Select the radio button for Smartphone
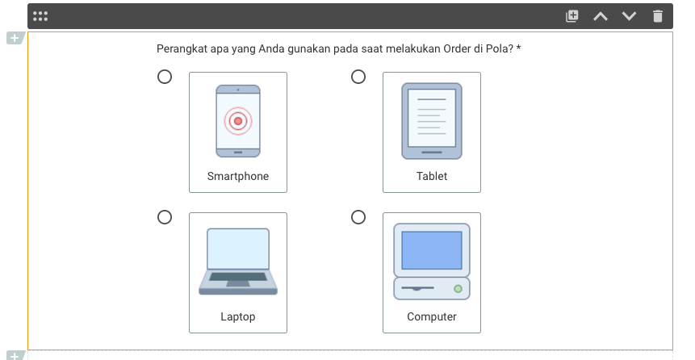[165, 77]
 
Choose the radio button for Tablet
[358, 77]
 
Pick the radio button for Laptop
[165, 217]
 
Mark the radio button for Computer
[358, 217]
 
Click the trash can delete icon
[658, 16]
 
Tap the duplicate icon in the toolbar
[572, 16]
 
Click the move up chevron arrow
[601, 16]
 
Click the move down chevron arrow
[629, 16]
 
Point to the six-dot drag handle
[40, 16]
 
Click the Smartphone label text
[238, 176]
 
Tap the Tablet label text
[432, 176]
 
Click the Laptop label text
[238, 316]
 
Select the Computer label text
[432, 316]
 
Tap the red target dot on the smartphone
[238, 121]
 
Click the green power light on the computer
[458, 289]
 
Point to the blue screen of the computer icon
[432, 250]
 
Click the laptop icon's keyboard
[238, 277]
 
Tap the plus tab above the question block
[15, 39]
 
